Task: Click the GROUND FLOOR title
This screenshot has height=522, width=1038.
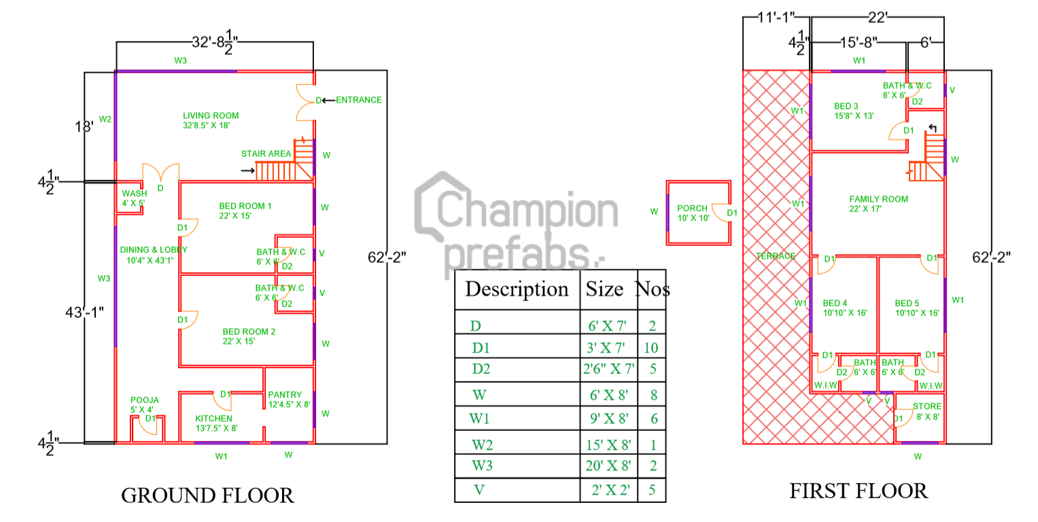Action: point(207,495)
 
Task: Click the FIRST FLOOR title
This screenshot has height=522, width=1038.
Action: point(858,491)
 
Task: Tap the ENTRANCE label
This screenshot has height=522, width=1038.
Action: point(359,100)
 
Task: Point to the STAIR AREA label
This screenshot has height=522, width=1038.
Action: point(266,154)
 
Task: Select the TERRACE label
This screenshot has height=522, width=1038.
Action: point(776,256)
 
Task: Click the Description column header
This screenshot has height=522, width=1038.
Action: point(517,289)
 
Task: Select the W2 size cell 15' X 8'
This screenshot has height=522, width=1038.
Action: point(608,445)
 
